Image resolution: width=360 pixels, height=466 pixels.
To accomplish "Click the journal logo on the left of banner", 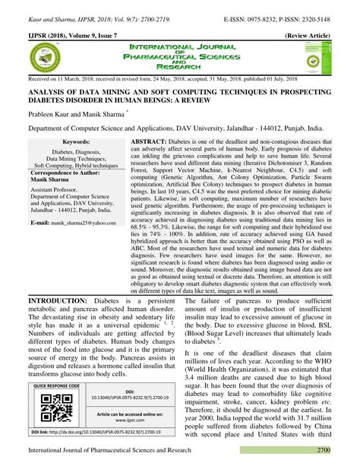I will [43, 59].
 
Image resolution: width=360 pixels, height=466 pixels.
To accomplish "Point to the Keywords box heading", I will [77, 142].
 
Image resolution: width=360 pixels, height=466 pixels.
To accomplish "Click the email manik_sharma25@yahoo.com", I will [78, 223].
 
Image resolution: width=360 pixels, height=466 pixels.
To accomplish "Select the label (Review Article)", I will [310, 36].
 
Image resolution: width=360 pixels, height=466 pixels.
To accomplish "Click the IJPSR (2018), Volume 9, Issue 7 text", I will [76, 36].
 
